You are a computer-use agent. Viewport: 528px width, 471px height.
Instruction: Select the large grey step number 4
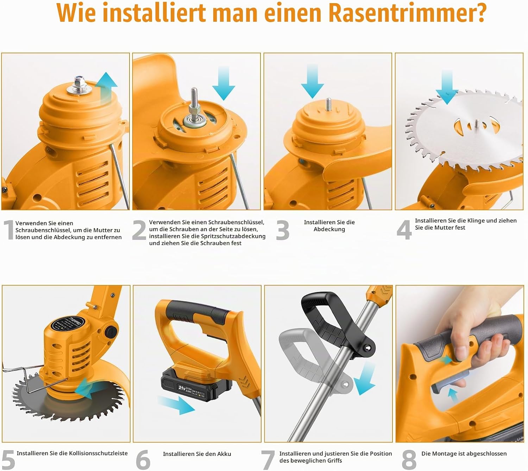(404, 230)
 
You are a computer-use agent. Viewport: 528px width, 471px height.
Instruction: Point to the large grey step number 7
(268, 460)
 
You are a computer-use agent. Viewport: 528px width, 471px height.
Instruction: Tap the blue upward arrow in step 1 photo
(106, 88)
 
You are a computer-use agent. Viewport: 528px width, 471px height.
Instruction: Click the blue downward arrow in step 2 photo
(224, 84)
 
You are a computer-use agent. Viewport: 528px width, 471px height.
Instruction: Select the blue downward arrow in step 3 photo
(312, 82)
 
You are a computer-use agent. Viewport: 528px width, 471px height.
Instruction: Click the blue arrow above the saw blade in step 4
(447, 87)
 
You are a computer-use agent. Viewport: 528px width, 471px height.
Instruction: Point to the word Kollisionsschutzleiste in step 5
(98, 453)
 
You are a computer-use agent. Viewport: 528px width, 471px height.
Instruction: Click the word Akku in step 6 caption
(224, 454)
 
